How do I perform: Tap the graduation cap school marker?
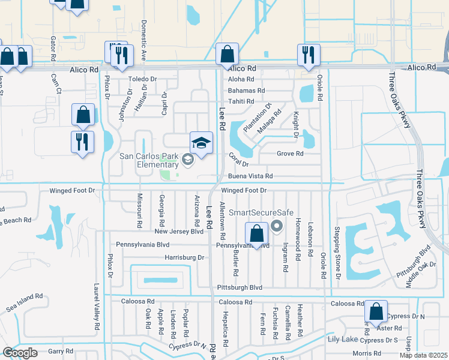201,143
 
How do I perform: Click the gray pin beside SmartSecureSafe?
277,226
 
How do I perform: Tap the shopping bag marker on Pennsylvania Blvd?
256,235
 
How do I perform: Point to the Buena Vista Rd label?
250,176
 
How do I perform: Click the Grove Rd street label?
290,154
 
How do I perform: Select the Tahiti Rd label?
241,101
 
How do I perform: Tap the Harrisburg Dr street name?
184,257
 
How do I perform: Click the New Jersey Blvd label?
179,231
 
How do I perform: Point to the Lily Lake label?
343,340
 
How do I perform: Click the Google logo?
20,353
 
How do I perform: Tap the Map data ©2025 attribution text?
423,355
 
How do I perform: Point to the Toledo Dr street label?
142,79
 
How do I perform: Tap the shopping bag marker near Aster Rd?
376,313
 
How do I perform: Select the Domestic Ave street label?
143,41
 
